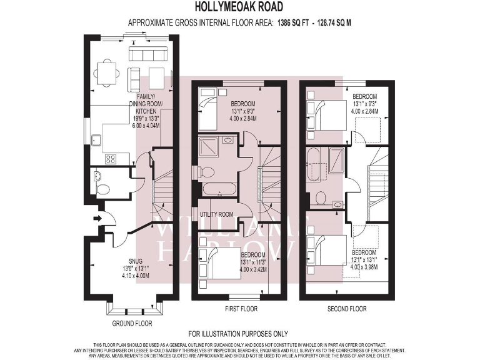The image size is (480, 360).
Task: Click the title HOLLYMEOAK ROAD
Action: [239, 7]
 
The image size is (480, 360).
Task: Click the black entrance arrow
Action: [96, 218]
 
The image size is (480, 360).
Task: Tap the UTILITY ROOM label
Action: [217, 214]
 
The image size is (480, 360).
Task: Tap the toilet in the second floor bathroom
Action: [321, 197]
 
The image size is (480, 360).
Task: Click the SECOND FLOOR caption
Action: [347, 309]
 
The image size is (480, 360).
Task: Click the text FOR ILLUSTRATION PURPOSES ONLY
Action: [239, 334]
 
